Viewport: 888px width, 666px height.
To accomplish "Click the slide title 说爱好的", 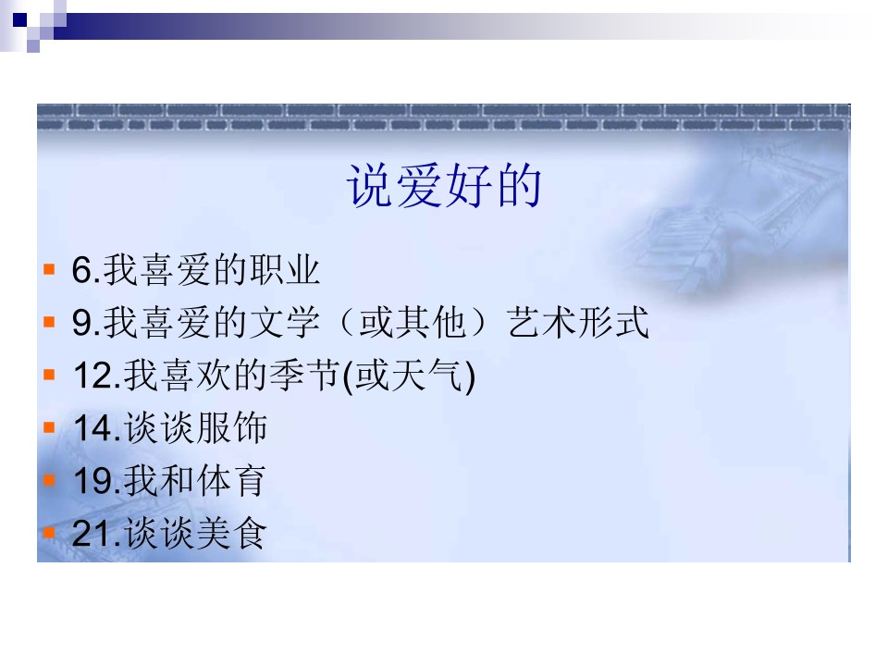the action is pos(443,186).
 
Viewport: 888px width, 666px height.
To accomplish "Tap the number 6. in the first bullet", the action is pos(86,269).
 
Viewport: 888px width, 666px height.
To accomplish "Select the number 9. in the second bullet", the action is pos(86,322).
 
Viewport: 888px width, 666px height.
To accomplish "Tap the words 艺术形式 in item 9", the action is pos(577,322).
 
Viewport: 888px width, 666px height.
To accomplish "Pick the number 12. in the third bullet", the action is pos(97,375).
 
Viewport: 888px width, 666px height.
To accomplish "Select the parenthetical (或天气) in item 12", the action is pos(409,376).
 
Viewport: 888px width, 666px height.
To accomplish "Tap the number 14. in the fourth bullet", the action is pos(97,428).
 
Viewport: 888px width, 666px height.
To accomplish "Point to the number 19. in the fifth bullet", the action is pos(97,481).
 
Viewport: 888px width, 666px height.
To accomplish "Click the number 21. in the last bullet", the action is pos(96,534).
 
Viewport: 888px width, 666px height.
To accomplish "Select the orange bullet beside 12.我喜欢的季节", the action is pos(49,375).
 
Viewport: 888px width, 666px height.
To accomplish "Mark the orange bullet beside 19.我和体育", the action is pos(49,480).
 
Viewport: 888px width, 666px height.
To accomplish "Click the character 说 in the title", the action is pos(370,186).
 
